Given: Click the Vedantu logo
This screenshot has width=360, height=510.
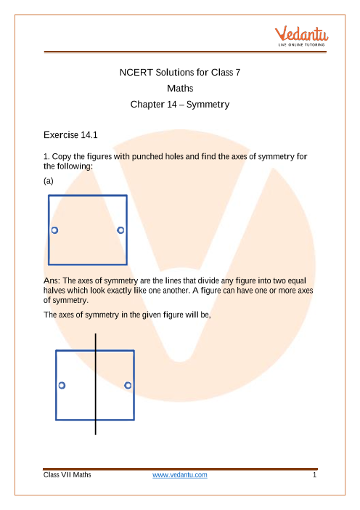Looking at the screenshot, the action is coord(301,36).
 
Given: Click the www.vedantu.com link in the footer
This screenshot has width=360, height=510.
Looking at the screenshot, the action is coord(180,475).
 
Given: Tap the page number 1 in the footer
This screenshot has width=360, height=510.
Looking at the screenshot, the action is coord(314,475).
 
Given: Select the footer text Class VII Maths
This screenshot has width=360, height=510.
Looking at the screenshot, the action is coord(67,475).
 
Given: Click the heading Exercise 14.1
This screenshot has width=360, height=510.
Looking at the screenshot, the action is coord(70,135).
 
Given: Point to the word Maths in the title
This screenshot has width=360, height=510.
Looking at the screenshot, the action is coord(180,88).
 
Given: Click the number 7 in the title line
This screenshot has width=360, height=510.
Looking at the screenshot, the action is coord(238,72).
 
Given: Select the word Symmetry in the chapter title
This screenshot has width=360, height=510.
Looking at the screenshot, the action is coord(208,105).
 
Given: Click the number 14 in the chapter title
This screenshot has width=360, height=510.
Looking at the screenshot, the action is coord(171,105).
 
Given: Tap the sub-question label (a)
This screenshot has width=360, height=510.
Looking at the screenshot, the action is coord(49,181).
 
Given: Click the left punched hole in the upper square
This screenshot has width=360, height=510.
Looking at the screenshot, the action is coord(54,230).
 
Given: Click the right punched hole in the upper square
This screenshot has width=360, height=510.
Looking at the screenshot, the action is coord(120,230).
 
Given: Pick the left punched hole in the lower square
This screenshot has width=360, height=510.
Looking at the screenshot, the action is coord(62,386).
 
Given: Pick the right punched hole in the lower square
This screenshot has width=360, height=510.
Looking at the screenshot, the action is coord(128,386).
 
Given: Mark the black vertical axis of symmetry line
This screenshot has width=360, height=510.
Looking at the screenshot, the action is coord(96,384).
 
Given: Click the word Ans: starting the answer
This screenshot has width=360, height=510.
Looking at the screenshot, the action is coord(52,280).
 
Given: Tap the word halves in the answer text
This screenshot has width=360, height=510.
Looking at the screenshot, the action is coord(54,291).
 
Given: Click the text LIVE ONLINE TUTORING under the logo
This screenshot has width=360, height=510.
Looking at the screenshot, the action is coord(301,44).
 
